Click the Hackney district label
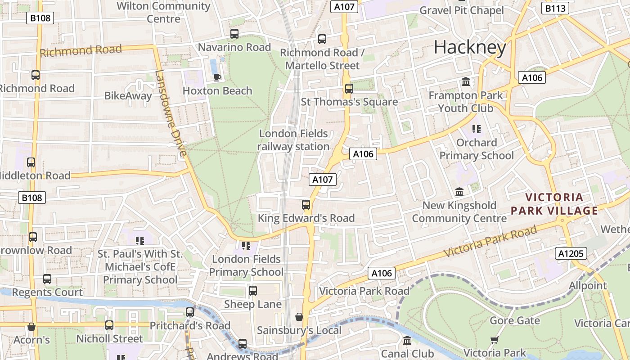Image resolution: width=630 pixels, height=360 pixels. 470,47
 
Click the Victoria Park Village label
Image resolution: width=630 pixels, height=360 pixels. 554,204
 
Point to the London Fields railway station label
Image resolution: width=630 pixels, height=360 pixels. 293,140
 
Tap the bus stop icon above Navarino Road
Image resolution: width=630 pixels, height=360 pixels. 234,34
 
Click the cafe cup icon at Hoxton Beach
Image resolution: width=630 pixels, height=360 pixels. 217,77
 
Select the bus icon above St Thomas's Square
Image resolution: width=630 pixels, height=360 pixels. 349,89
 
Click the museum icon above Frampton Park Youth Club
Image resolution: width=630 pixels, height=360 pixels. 466,82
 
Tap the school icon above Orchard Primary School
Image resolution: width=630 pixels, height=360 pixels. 477,129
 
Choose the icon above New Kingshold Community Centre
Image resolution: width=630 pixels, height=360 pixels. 459,192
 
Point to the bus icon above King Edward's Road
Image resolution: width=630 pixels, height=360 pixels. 306,205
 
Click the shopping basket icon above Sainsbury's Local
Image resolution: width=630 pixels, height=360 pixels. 299,317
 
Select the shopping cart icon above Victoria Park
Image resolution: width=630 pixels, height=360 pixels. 495,340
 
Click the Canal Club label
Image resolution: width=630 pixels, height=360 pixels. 407,353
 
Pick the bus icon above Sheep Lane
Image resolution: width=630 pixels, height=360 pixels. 253,291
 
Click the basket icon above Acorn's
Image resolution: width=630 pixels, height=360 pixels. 31,326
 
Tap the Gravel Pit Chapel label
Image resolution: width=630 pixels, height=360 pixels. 461,10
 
